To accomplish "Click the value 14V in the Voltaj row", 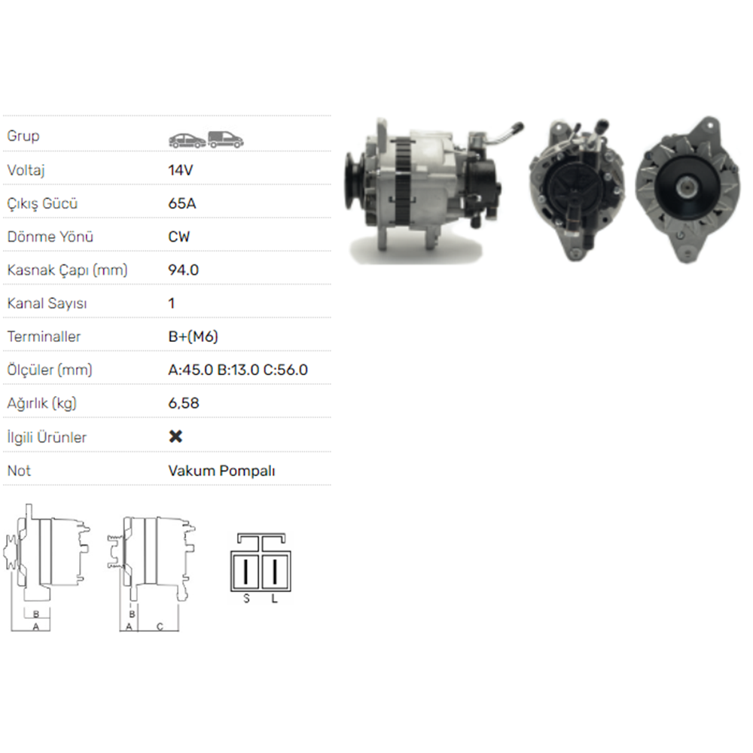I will pos(181,170).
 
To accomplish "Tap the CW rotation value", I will pos(179,236).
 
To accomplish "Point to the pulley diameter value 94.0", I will pos(184,270).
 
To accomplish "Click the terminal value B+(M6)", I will pos(193,337).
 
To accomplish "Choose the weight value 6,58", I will pos(184,403).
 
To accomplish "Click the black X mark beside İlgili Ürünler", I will pos(175,437).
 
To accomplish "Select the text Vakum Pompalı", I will pos(221,471).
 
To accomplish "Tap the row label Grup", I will pos(23,136).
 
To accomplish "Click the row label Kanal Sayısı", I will pos(47,303).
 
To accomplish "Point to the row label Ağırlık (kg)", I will pos(42,403).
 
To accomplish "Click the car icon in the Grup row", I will pos(187,139).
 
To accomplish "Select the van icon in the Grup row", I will pos(225,139).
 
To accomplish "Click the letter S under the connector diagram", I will pos(246,599).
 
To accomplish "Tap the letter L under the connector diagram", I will pos(274,599).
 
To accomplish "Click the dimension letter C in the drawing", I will pos(160,626).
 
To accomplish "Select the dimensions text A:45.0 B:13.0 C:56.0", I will pos(238,370).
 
